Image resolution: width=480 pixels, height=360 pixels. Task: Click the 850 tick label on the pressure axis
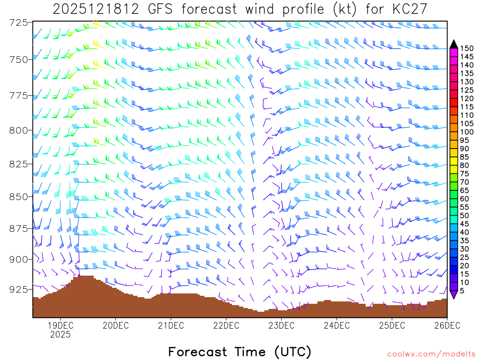(19, 196)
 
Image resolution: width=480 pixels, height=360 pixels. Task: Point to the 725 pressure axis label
(19, 22)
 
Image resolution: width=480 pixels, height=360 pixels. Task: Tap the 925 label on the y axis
(19, 289)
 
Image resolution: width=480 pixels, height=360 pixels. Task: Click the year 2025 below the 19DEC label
(60, 335)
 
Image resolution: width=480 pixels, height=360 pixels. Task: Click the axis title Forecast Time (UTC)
(240, 352)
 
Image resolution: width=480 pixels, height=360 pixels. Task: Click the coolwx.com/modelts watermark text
(430, 354)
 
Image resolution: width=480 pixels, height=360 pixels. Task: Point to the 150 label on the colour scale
(467, 48)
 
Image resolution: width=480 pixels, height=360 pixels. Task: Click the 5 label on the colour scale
(464, 291)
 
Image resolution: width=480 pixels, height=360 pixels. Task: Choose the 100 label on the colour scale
(467, 132)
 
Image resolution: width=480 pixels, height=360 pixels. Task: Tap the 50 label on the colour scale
(465, 216)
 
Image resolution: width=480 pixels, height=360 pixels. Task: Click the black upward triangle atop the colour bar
(454, 44)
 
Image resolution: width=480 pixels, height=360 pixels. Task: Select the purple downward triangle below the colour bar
(454, 295)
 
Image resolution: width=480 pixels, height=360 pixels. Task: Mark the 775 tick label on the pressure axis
(19, 96)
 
